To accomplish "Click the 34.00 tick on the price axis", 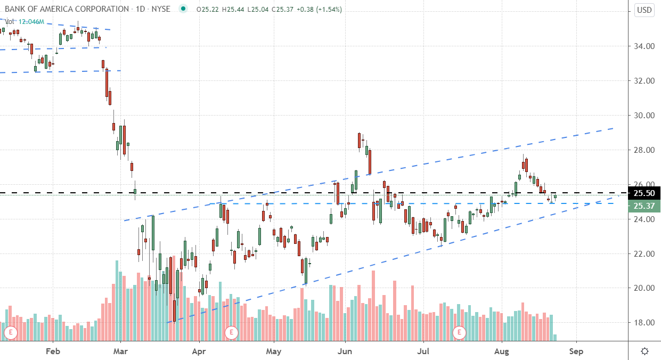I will [644, 46].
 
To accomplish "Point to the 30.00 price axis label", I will [644, 116].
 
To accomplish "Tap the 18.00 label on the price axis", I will [644, 323].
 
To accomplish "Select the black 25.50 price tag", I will [644, 193].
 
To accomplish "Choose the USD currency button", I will [644, 10].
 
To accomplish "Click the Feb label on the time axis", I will [52, 351].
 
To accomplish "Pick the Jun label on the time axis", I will [345, 351].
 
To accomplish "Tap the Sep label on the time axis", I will [576, 351].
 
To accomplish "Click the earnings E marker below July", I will [459, 333].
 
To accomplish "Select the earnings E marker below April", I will [231, 333].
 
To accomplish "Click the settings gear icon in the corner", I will [644, 351].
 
